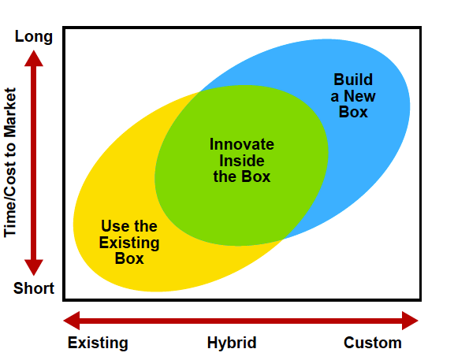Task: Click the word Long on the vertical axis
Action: click(34, 37)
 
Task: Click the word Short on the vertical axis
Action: click(34, 288)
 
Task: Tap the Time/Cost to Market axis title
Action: click(10, 162)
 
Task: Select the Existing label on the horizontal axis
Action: click(98, 343)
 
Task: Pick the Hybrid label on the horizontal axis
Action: click(232, 343)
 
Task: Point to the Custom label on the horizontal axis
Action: click(372, 343)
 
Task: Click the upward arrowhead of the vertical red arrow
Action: click(34, 58)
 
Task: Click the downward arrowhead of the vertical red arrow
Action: click(34, 267)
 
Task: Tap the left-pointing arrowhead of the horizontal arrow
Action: click(72, 321)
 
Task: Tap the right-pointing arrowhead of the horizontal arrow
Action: click(410, 321)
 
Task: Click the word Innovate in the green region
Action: click(242, 144)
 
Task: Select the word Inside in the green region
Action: click(242, 161)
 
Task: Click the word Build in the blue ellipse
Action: click(353, 80)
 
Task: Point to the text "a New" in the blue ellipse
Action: click(353, 96)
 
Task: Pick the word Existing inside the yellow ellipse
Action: click(129, 243)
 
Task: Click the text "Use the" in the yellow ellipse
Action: click(129, 226)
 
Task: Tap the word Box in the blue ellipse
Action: click(353, 112)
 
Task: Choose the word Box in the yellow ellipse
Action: click(129, 258)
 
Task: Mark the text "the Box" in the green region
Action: click(242, 176)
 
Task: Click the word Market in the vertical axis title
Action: click(10, 113)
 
